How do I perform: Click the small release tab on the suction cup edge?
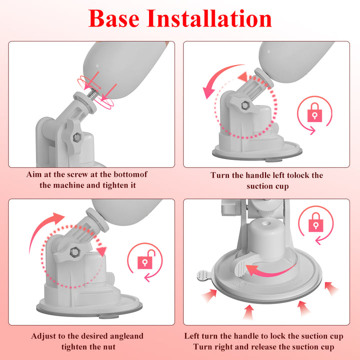(x=200, y=275)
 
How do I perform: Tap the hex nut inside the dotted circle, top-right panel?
(x=245, y=106)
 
